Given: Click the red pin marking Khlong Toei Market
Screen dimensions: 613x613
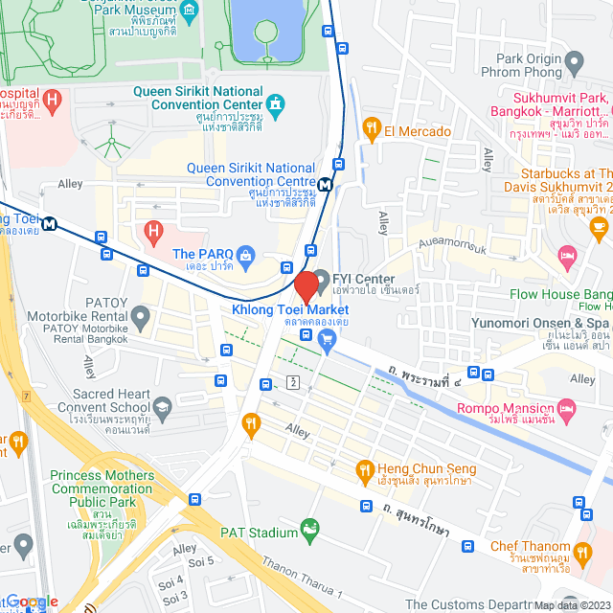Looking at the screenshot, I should point(306,286).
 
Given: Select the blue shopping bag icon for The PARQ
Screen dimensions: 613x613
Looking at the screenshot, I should point(246,255).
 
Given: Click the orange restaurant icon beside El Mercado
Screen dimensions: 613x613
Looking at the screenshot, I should point(372,130).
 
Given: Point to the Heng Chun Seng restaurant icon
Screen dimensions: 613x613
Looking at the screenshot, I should point(364,469).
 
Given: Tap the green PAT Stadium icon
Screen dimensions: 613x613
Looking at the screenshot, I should point(309,528).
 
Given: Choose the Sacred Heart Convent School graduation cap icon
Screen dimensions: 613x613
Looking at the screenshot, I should point(163,406).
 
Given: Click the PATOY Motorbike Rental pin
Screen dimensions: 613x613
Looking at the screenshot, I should point(141,315).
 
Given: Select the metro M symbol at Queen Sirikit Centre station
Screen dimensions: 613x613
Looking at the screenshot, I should point(326,185).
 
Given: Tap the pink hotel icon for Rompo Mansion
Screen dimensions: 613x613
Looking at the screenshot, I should point(567,411).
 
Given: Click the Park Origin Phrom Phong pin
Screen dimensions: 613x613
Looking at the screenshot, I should point(575,64).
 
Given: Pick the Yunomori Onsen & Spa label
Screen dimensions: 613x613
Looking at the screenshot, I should point(541,324).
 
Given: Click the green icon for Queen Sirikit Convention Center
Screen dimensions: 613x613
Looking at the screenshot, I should point(276,102).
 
